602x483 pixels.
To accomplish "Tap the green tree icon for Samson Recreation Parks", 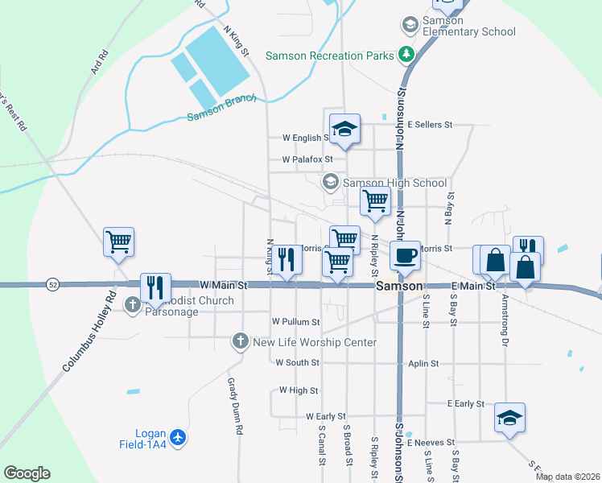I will (x=408, y=55).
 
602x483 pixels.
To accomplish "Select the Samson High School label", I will (x=394, y=183).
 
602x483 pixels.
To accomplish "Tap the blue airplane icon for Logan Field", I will (x=178, y=437).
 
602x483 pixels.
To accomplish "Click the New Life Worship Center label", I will (x=315, y=342).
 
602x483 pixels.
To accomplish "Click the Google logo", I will (x=27, y=473).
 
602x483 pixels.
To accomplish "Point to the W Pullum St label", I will (x=295, y=321).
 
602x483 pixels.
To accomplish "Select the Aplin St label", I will (x=423, y=364).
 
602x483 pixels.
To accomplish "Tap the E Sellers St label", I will (x=431, y=125).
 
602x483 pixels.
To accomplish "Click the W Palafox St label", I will (x=307, y=159).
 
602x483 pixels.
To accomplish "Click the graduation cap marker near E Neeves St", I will (x=509, y=418).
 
